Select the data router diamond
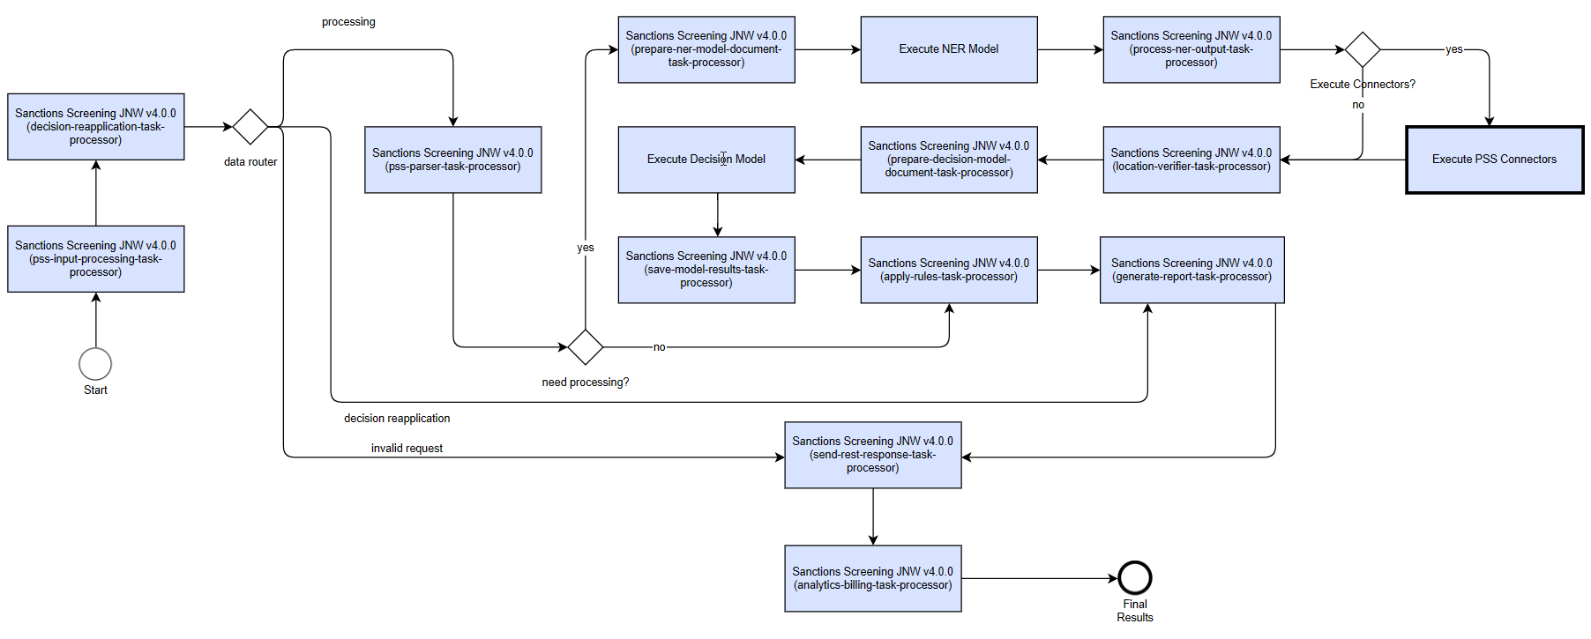point(250,127)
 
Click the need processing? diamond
point(586,347)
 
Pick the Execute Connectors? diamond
point(1363,49)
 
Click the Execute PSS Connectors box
point(1494,160)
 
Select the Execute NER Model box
point(949,49)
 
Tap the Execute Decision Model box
point(706,160)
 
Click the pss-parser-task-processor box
point(453,160)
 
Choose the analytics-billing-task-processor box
point(873,578)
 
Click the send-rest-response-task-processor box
point(873,455)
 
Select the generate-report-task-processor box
point(1191,270)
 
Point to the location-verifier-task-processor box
point(1191,160)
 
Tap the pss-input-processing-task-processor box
point(96,259)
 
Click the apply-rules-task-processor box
point(949,270)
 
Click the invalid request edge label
point(407,449)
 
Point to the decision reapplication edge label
point(397,419)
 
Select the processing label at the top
point(348,22)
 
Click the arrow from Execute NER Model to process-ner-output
point(1071,49)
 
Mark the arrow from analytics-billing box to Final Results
point(1040,578)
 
